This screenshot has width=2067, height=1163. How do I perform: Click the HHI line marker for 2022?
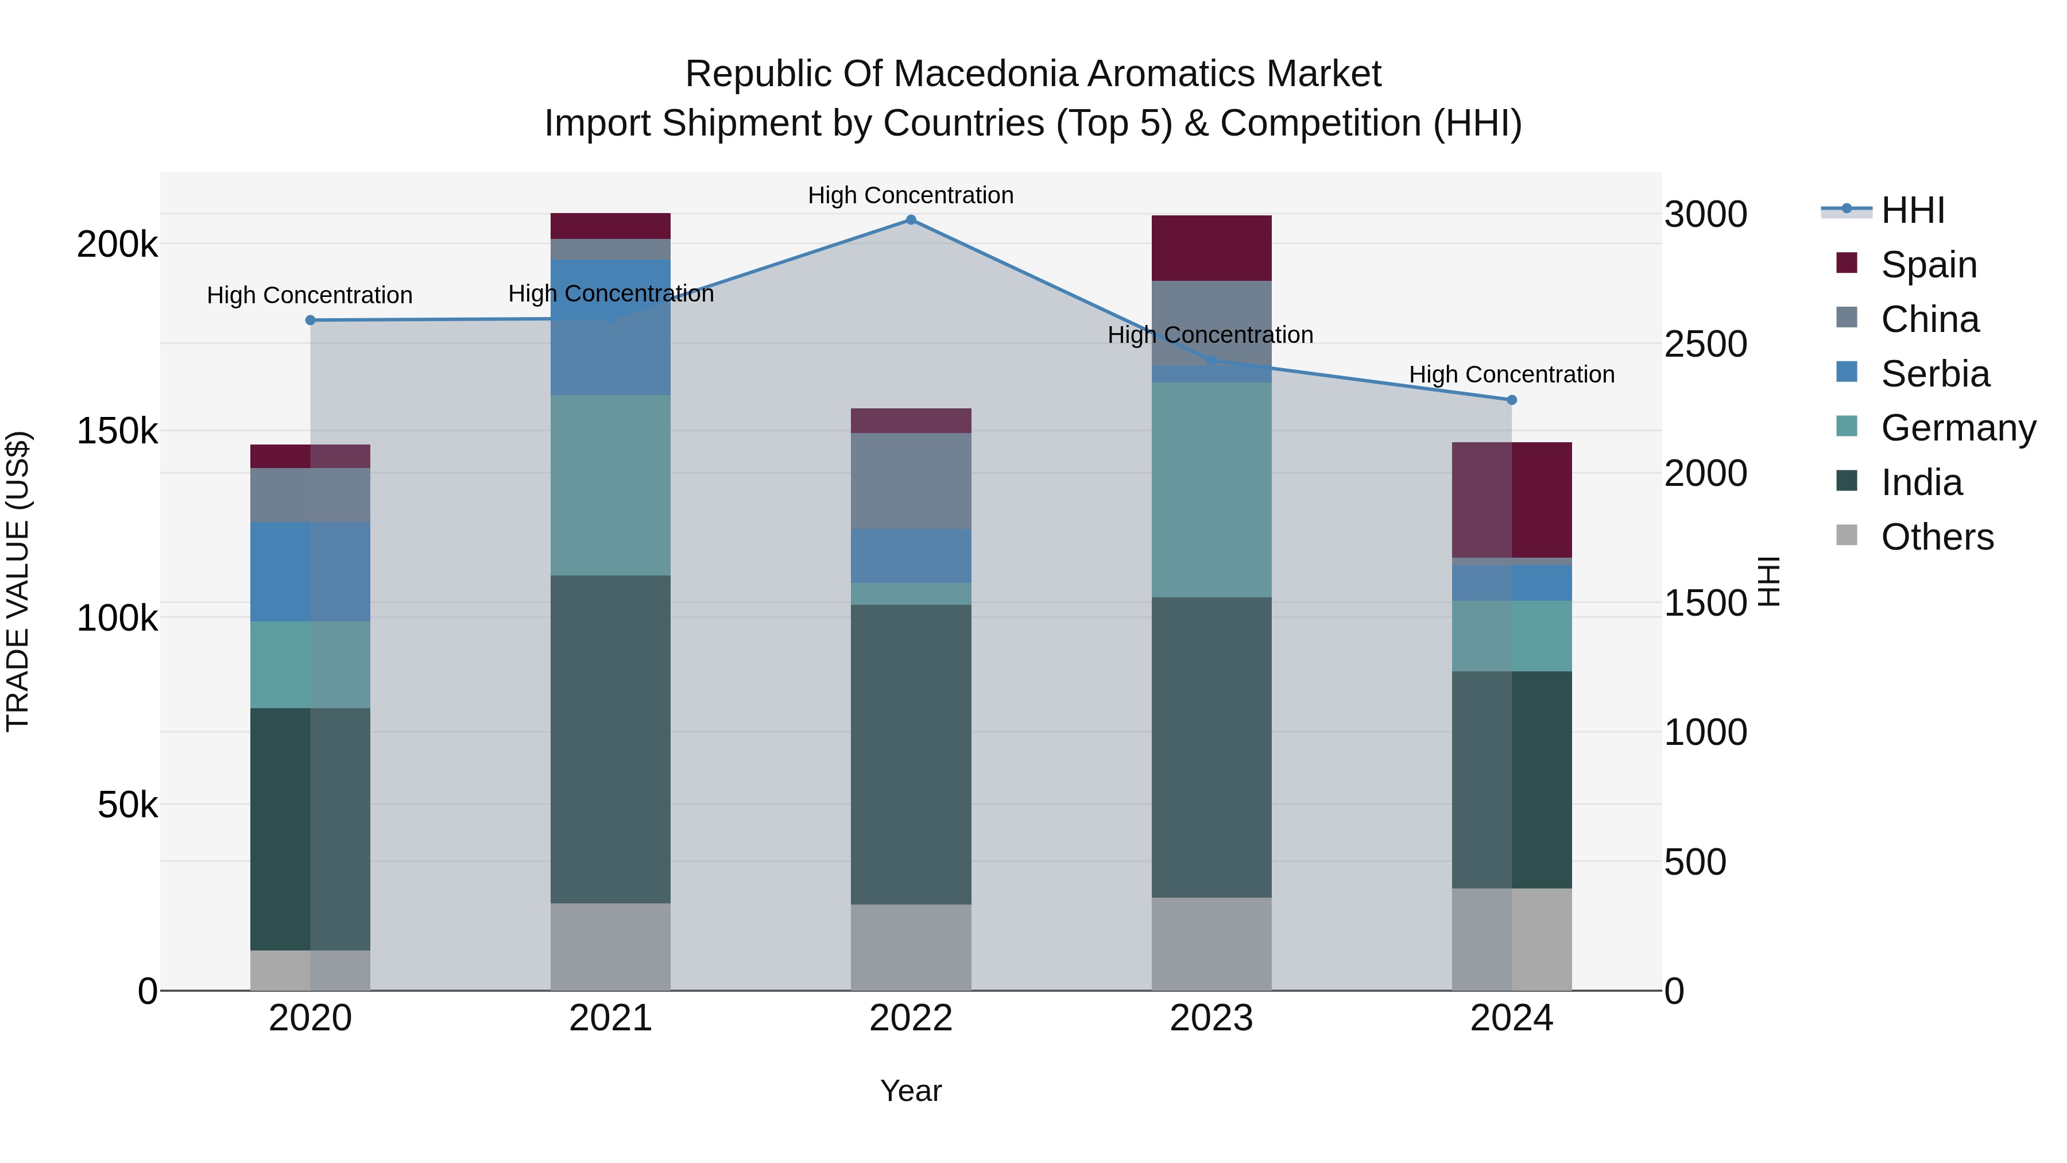[911, 219]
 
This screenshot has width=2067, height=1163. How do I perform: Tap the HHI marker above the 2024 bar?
[1512, 400]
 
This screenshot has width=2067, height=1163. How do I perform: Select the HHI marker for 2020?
[311, 320]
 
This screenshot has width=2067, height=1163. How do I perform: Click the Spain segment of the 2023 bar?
[1211, 248]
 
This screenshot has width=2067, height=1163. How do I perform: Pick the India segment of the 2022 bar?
[911, 755]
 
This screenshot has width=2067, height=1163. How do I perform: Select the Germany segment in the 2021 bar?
[611, 485]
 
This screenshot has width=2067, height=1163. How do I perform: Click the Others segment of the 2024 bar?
[1512, 939]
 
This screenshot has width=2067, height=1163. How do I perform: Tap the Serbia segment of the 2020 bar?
[311, 571]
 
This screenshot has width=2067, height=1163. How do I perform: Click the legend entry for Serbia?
[1934, 374]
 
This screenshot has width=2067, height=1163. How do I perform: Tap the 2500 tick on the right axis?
[1705, 345]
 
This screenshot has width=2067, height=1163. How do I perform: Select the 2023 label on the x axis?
[1211, 1018]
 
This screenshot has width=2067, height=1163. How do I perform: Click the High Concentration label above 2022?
[911, 195]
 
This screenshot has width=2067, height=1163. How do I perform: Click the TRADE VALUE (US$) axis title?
[18, 581]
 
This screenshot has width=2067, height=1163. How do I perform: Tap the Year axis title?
[911, 1091]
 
